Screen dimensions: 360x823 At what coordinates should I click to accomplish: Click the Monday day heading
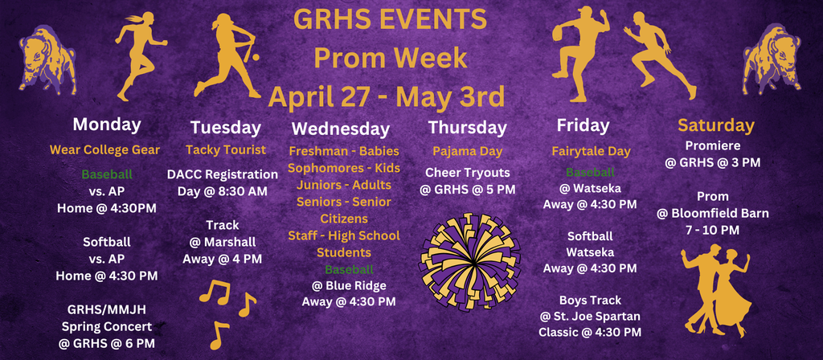pyautogui.click(x=107, y=125)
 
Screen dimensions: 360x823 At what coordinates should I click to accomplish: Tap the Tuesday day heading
pyautogui.click(x=226, y=127)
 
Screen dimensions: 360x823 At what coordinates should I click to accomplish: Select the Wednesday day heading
pyautogui.click(x=341, y=129)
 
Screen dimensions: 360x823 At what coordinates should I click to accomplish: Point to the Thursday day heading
pyautogui.click(x=468, y=127)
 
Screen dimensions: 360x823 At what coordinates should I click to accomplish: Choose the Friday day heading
pyautogui.click(x=583, y=125)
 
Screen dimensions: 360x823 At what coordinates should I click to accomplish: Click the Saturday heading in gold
pyautogui.click(x=716, y=125)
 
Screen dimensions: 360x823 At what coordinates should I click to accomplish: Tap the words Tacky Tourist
pyautogui.click(x=225, y=149)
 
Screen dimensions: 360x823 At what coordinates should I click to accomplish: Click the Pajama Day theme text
pyautogui.click(x=467, y=151)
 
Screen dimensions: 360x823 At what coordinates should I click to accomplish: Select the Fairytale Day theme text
pyautogui.click(x=591, y=151)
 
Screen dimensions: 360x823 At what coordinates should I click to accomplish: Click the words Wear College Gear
pyautogui.click(x=105, y=149)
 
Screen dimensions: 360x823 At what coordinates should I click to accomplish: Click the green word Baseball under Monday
pyautogui.click(x=107, y=174)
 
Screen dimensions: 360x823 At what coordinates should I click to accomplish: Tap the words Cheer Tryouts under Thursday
pyautogui.click(x=468, y=173)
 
